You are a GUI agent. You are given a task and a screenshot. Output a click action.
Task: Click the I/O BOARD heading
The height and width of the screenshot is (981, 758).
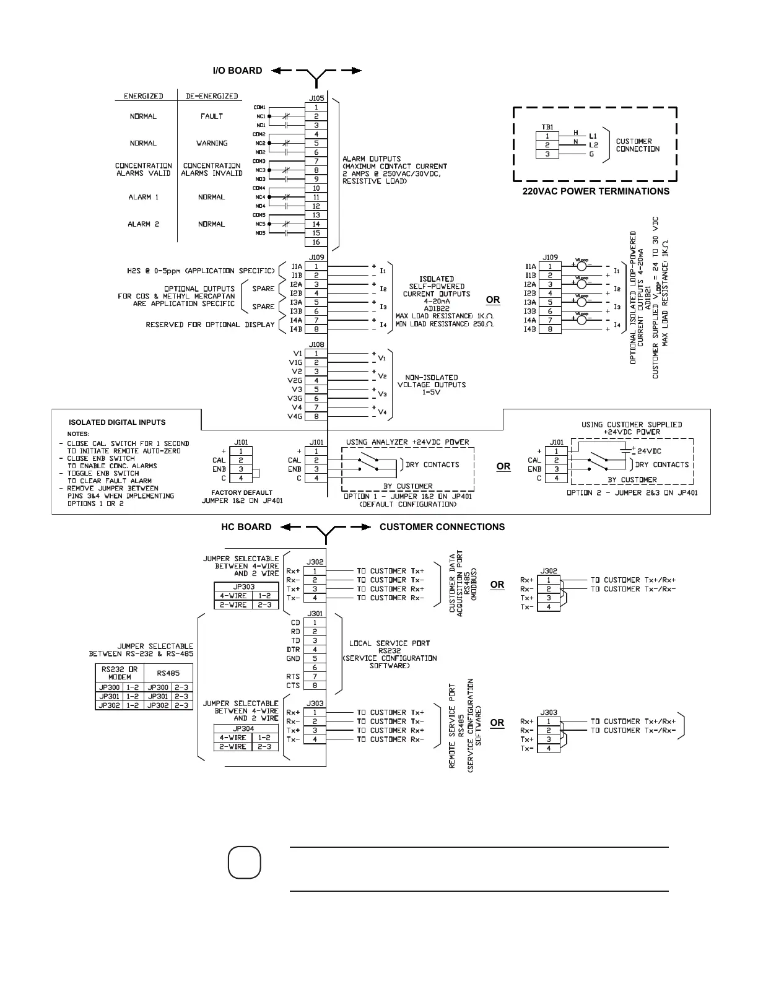(x=237, y=71)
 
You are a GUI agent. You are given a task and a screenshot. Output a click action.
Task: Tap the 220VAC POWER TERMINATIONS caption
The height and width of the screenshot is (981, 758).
(x=596, y=191)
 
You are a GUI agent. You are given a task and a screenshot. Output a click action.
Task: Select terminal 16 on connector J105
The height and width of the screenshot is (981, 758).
(x=316, y=242)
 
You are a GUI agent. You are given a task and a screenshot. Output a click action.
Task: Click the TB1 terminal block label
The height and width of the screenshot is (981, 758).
(x=547, y=127)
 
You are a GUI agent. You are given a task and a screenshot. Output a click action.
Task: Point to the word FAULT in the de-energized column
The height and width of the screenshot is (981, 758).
(x=212, y=116)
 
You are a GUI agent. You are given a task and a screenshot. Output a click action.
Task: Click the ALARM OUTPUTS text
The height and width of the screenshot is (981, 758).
(x=372, y=159)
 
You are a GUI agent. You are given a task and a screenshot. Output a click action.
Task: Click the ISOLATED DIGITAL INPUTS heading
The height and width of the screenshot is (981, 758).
(x=117, y=422)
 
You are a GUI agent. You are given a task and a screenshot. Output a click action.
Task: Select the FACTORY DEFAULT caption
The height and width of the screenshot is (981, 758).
(x=242, y=493)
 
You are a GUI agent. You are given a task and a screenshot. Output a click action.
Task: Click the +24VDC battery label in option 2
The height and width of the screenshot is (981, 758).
(x=649, y=451)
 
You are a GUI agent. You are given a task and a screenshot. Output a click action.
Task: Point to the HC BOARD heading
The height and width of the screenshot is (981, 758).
(x=246, y=527)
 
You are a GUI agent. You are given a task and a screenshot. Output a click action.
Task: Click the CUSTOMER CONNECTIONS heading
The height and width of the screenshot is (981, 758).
(x=442, y=527)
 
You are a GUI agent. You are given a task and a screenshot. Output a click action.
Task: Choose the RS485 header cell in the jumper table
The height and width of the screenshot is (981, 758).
(x=168, y=673)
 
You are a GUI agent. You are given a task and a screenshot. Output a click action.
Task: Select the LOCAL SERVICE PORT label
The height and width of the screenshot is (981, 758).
(x=390, y=643)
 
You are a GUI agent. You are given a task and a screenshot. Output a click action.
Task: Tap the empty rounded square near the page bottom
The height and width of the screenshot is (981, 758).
(x=244, y=863)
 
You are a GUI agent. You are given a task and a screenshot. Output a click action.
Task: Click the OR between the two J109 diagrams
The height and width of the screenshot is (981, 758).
(x=493, y=300)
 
